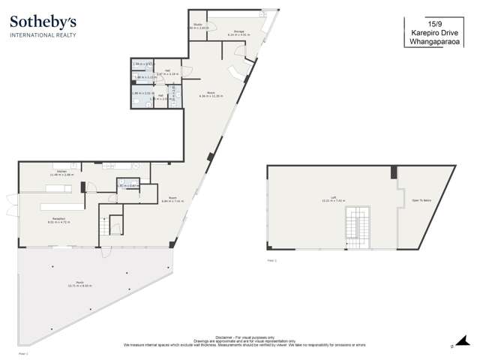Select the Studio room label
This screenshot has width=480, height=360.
tap(197, 25)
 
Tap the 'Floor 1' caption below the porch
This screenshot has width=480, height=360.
tap(22, 351)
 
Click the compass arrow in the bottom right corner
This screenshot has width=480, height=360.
tap(452, 346)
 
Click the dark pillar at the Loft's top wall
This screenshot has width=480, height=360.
tap(393, 173)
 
